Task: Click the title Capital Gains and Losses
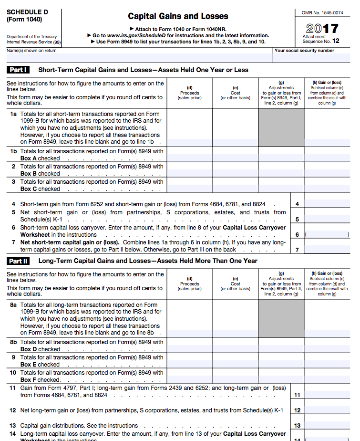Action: tap(178, 16)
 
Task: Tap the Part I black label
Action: tap(18, 70)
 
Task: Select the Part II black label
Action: tap(18, 261)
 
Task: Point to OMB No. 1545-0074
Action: tap(322, 12)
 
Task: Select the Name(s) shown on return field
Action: tap(138, 57)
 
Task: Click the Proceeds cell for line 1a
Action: tap(190, 128)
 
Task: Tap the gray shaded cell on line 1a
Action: tap(281, 128)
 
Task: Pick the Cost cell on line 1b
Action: tap(236, 155)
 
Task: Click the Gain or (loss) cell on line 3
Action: tap(327, 185)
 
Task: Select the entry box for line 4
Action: tap(327, 204)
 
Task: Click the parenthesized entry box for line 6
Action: tap(327, 234)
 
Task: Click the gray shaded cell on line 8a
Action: tap(281, 319)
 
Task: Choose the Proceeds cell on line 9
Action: tap(190, 361)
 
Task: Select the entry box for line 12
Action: tap(327, 410)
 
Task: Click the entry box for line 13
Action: tap(327, 425)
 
